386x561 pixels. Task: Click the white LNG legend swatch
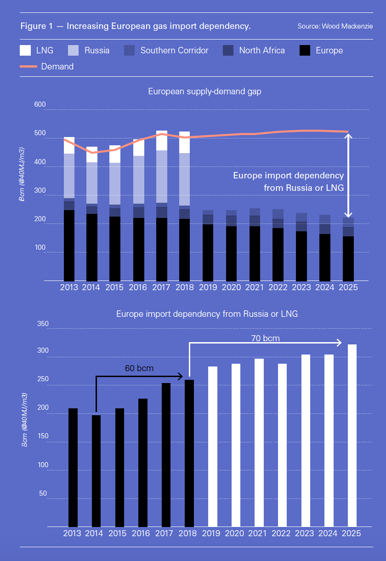click(x=25, y=50)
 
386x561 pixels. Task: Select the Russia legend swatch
click(x=73, y=50)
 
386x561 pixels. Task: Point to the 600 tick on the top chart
click(x=40, y=105)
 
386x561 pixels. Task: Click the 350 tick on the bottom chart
click(x=42, y=324)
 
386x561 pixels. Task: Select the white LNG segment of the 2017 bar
click(x=161, y=141)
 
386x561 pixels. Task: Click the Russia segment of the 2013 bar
click(x=69, y=176)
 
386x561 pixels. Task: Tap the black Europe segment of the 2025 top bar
click(x=348, y=258)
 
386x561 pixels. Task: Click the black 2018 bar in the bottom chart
click(x=189, y=453)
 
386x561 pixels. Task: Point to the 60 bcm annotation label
click(x=139, y=368)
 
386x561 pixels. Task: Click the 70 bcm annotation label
click(x=266, y=338)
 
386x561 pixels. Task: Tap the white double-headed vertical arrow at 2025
click(x=348, y=175)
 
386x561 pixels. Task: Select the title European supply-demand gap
click(x=204, y=92)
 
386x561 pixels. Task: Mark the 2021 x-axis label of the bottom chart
click(x=259, y=533)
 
